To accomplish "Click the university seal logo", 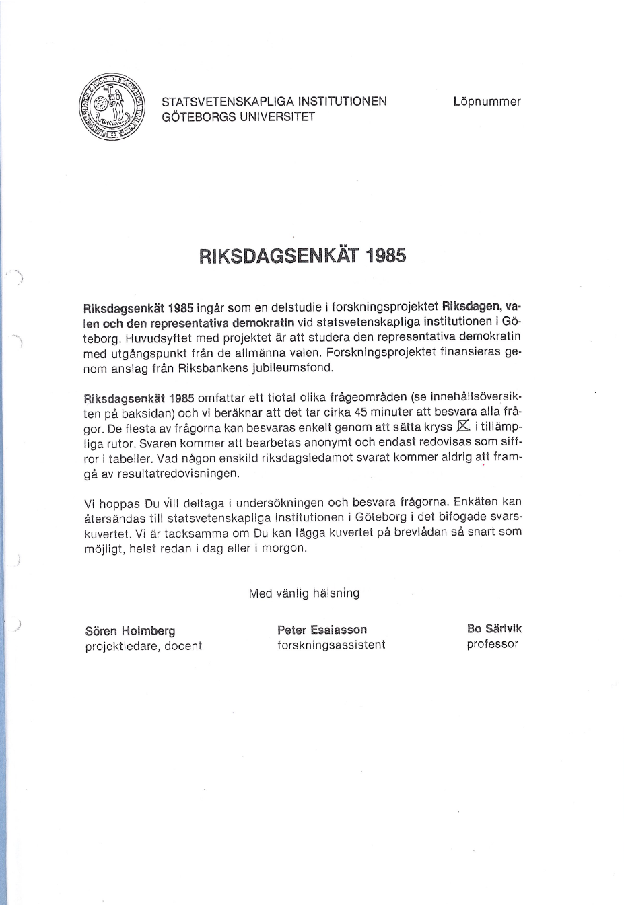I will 112,106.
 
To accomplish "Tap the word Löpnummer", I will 487,102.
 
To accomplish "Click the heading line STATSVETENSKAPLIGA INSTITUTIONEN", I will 274,102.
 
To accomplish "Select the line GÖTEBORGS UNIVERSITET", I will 238,116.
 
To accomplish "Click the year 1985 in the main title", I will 384,256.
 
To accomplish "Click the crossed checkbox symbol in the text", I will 463,426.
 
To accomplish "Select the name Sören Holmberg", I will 131,630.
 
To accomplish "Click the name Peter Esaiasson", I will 322,630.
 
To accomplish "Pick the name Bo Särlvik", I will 494,628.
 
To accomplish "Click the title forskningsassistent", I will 331,645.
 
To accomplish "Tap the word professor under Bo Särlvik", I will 492,644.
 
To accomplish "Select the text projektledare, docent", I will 143,646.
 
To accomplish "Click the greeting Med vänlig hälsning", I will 304,593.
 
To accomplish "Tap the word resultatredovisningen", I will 178,473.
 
